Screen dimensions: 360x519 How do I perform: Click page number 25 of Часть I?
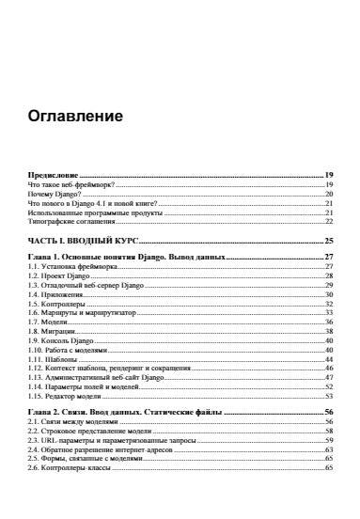click(x=330, y=242)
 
